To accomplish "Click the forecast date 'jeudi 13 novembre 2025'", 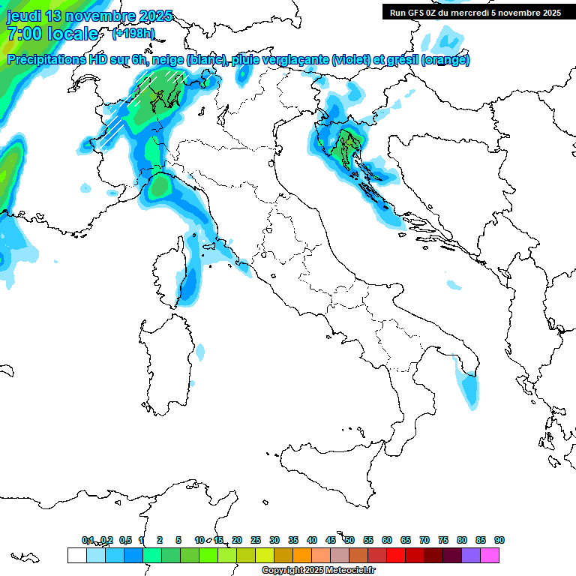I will coord(89,16).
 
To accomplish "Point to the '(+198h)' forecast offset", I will coord(133,34).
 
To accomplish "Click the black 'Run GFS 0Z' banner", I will coord(475,12).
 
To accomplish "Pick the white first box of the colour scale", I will coord(76,555).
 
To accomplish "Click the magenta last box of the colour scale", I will coord(490,555).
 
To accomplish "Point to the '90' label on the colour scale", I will coord(499,540).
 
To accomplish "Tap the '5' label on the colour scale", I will coord(178,540).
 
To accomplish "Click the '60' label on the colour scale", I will coord(387,540).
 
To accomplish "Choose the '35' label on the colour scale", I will coord(293,540).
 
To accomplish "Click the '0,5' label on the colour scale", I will coord(126,540).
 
